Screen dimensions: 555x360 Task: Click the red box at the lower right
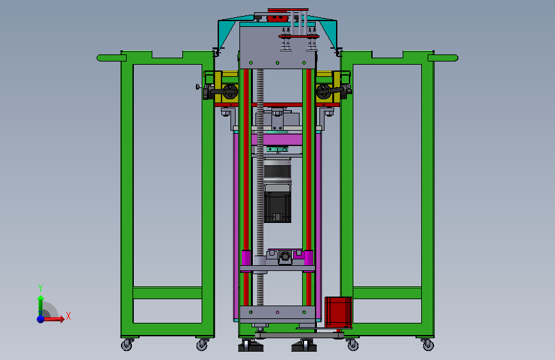click(339, 311)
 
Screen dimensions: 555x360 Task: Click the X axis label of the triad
click(68, 316)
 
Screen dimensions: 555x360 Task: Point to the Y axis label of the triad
click(40, 288)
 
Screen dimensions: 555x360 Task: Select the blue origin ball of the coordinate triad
click(41, 319)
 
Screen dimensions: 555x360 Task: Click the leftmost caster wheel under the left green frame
click(127, 345)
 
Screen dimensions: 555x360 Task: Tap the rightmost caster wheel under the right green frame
click(428, 345)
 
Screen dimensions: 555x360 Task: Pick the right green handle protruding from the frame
click(443, 58)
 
